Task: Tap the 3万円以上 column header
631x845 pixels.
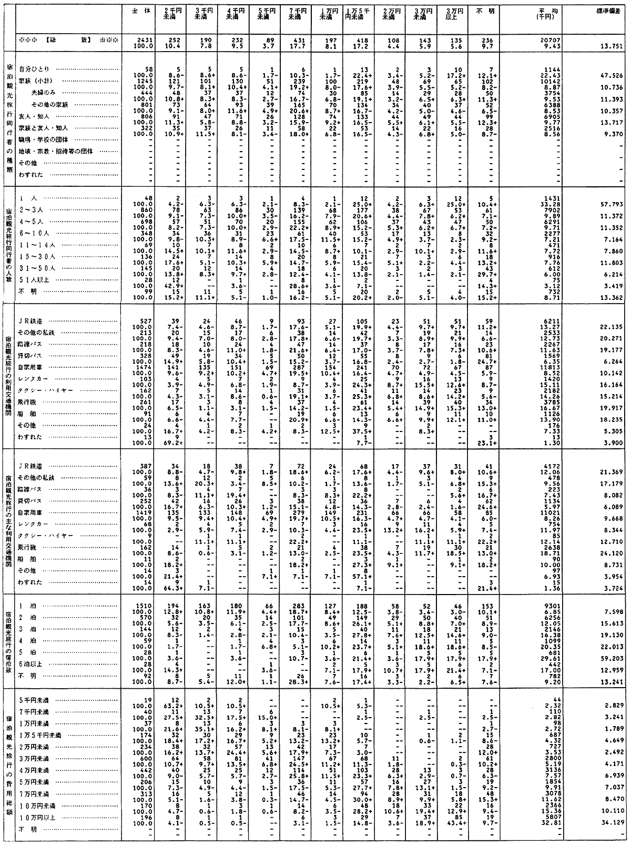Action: [x=450, y=14]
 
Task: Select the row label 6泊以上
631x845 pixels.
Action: [x=31, y=664]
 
